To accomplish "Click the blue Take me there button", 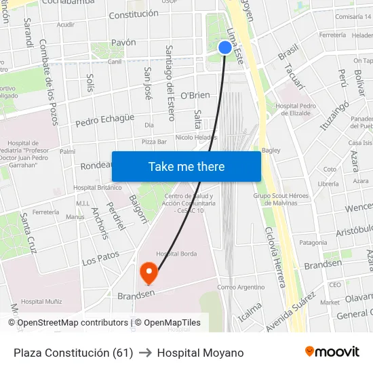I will point(186,166).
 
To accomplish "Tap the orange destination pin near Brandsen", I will point(149,273).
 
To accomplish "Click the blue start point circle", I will point(225,47).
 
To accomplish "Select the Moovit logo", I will point(332,352).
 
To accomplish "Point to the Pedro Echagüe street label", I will point(104,120).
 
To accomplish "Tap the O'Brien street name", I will point(195,96).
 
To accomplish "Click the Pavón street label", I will point(123,43).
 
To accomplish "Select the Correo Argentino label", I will point(241,287).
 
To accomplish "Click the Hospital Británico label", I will point(97,188).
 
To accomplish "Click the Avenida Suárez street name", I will point(291,312).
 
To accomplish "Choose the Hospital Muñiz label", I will point(42,301).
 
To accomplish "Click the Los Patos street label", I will point(100,258).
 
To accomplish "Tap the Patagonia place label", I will point(313,243).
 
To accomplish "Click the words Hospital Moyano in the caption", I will point(200,353).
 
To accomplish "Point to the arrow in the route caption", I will point(145,353).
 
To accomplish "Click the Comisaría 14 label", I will point(353,16).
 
